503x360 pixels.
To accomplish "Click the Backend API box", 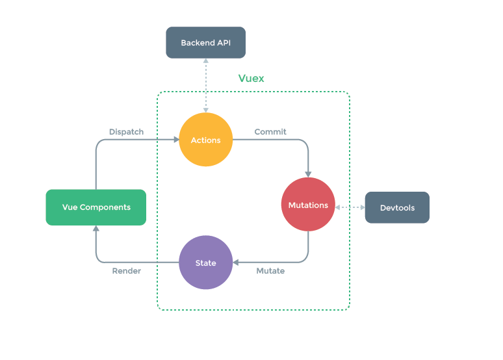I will (x=205, y=43).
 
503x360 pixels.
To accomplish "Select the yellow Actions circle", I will (x=205, y=140).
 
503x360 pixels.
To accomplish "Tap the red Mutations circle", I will (x=308, y=205).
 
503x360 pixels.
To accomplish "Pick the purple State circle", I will (x=205, y=263).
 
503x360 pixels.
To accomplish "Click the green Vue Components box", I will (x=96, y=207).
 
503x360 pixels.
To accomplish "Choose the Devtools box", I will (x=397, y=207).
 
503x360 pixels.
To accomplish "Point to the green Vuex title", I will (x=251, y=79).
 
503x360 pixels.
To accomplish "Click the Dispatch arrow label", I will (x=126, y=132).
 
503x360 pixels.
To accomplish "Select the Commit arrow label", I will (x=270, y=132).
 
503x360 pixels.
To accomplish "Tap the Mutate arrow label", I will (x=270, y=271).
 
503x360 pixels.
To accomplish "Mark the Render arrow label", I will (x=126, y=271).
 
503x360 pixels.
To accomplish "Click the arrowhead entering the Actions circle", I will (x=175, y=140).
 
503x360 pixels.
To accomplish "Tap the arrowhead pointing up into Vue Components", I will (x=96, y=229).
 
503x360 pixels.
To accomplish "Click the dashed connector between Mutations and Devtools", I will (x=350, y=207).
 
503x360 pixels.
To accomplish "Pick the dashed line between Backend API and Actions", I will (x=205, y=84).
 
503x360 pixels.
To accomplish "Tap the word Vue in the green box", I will (x=70, y=207).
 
